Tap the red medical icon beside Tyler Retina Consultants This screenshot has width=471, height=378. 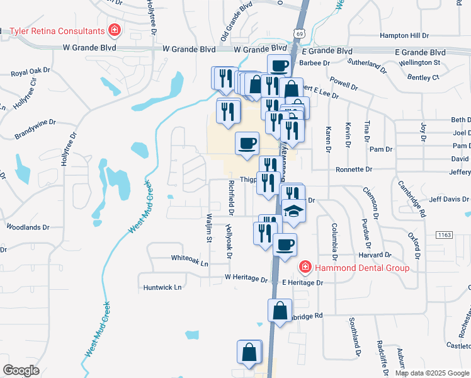114,30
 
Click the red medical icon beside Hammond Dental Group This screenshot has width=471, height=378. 305,268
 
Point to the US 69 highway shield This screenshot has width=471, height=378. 299,32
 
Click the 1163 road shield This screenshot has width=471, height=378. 444,234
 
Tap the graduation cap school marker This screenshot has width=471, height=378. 293,211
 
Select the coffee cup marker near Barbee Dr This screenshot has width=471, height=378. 278,66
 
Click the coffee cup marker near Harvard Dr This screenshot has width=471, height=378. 285,244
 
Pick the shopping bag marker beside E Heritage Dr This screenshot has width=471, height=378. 280,311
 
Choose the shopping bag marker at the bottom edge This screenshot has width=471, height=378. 249,353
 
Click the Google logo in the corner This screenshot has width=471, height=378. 21,370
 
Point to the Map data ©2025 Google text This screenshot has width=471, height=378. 431,373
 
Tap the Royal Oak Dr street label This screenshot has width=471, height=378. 31,72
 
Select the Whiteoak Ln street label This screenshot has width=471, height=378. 190,258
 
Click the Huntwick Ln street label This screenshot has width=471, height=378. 162,287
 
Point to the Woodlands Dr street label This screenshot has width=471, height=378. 28,227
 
